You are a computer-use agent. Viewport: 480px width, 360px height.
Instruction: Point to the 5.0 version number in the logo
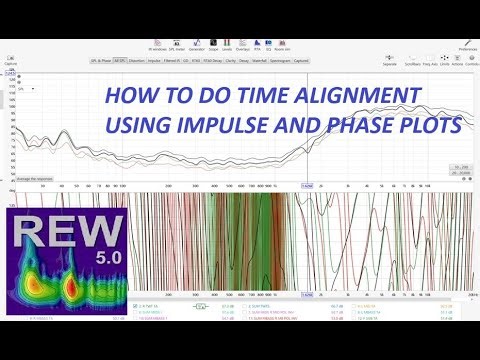click(100, 259)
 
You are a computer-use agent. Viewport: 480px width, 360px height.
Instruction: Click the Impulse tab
click(155, 60)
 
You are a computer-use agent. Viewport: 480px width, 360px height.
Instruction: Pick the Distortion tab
click(134, 60)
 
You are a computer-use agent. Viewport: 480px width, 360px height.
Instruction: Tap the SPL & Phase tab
click(96, 60)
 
